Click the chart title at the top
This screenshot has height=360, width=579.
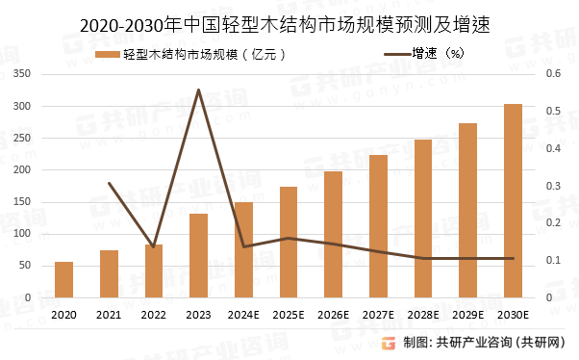pos(289,22)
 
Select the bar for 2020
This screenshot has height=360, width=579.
pos(64,279)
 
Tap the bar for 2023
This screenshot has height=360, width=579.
pos(198,255)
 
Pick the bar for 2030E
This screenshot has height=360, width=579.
pos(513,200)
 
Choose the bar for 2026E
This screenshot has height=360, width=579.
pos(333,234)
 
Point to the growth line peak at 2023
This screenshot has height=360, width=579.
pos(198,90)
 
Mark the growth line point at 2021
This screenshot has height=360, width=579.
pos(109,183)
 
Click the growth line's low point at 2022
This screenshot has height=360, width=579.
pos(154,246)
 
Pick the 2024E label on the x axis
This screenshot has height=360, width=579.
pos(243,315)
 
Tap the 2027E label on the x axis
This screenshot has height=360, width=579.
pos(378,315)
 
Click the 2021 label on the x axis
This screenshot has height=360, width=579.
pos(109,315)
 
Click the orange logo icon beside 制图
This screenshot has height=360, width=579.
pos(389,343)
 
